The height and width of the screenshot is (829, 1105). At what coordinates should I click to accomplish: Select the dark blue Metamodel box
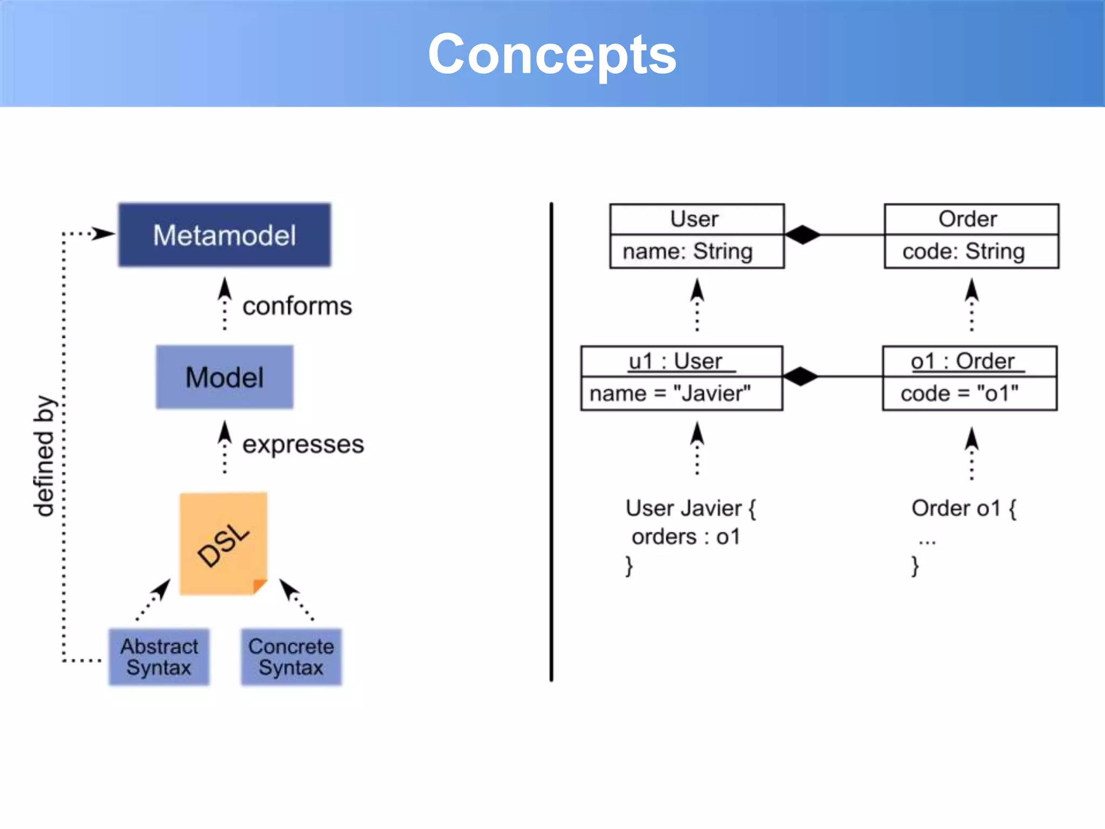[x=224, y=235]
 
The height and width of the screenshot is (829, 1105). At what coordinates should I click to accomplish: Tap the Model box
[x=224, y=377]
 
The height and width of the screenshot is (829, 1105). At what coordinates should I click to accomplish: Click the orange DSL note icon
[x=223, y=543]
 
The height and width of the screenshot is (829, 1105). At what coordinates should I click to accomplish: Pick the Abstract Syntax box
[x=159, y=657]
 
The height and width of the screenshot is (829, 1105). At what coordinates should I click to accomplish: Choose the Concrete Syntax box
[x=291, y=657]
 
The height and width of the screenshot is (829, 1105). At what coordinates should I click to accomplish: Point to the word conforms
[x=297, y=306]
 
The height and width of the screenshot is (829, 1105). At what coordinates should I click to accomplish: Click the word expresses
[x=303, y=444]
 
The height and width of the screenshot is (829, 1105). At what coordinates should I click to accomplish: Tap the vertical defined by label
[x=44, y=456]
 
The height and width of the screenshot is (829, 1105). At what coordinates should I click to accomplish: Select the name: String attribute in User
[x=687, y=252]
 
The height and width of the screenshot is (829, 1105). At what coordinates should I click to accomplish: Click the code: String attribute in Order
[x=964, y=252]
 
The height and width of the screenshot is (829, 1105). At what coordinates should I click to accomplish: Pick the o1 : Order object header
[x=963, y=361]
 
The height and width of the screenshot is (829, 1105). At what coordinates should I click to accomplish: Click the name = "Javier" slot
[x=670, y=393]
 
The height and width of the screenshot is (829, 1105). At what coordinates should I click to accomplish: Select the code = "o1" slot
[x=959, y=393]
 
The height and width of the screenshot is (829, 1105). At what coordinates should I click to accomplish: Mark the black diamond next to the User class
[x=802, y=235]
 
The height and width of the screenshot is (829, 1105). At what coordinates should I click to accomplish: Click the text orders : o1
[x=686, y=537]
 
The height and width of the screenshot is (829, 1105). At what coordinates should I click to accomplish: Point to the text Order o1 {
[x=964, y=508]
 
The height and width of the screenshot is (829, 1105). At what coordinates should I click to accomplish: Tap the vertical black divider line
[x=551, y=443]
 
